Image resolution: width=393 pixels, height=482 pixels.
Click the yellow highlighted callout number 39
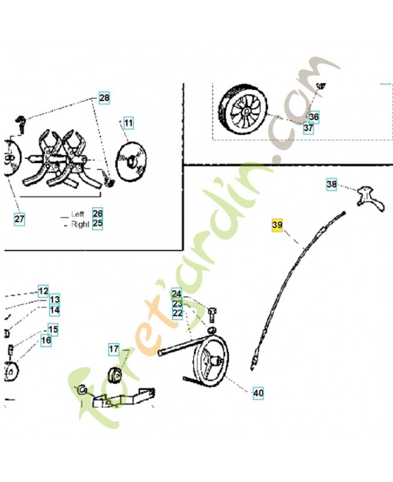pos(277,225)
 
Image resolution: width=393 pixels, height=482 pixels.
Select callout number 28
pos(104,98)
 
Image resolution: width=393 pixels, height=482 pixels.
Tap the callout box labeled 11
pos(128,123)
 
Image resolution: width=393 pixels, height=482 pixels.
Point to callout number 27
pos(19,219)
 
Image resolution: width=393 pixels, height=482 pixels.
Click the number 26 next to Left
pos(98,213)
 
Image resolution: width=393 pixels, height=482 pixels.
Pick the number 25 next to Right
pos(98,224)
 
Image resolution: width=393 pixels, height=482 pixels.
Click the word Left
pos(78,214)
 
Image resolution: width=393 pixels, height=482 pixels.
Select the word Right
pos(80,224)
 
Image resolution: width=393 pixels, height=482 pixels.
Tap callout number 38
pos(332,184)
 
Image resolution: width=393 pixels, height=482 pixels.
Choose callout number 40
pos(259,393)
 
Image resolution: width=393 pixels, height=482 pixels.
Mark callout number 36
pos(314,117)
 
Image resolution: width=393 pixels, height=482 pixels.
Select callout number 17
pos(114,349)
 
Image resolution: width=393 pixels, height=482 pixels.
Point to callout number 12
pos(43,291)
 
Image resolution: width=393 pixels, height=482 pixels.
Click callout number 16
pos(46,340)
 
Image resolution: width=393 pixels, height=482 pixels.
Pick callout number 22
pos(177,314)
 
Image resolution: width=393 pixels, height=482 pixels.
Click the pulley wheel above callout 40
pos(211,359)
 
